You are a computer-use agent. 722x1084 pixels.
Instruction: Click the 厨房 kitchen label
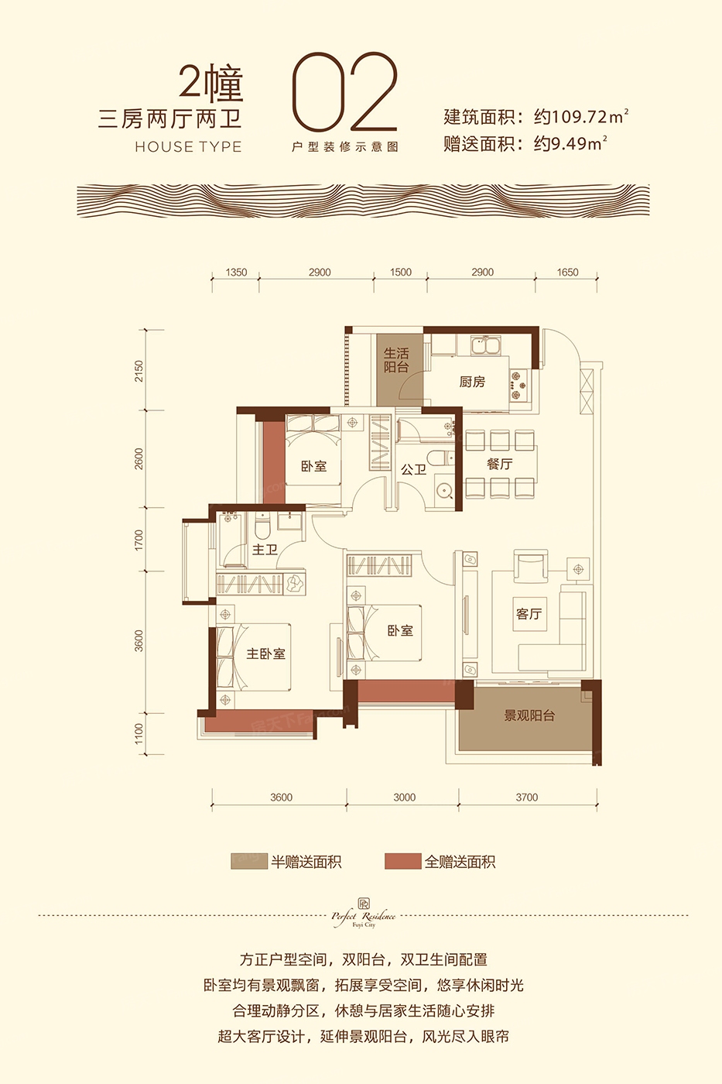click(x=471, y=382)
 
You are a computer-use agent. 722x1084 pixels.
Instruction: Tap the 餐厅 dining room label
click(x=500, y=464)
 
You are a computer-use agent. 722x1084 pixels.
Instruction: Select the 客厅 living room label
click(x=529, y=614)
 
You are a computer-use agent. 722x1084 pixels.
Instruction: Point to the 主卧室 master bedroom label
click(x=266, y=653)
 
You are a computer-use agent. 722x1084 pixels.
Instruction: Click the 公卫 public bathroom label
click(x=413, y=469)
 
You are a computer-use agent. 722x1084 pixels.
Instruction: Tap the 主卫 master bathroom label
click(x=265, y=549)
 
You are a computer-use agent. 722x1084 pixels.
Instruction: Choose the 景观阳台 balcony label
click(x=529, y=715)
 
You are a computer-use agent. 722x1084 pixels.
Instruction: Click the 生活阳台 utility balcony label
click(x=396, y=360)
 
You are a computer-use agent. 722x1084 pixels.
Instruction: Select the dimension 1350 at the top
click(x=236, y=273)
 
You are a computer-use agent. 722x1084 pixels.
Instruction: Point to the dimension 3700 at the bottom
click(x=527, y=798)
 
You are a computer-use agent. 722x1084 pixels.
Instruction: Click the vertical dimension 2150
click(x=140, y=371)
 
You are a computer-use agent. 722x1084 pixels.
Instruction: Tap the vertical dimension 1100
click(x=140, y=734)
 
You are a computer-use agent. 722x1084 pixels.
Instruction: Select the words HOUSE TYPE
click(x=188, y=147)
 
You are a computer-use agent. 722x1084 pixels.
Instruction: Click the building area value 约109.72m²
click(x=581, y=117)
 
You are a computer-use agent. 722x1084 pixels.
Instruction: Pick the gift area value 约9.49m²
click(x=570, y=144)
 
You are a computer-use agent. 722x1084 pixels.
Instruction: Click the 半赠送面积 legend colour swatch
click(x=249, y=860)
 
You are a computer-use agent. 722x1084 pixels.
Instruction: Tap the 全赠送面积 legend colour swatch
click(x=403, y=860)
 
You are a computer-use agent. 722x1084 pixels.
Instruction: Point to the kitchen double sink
click(x=488, y=347)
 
